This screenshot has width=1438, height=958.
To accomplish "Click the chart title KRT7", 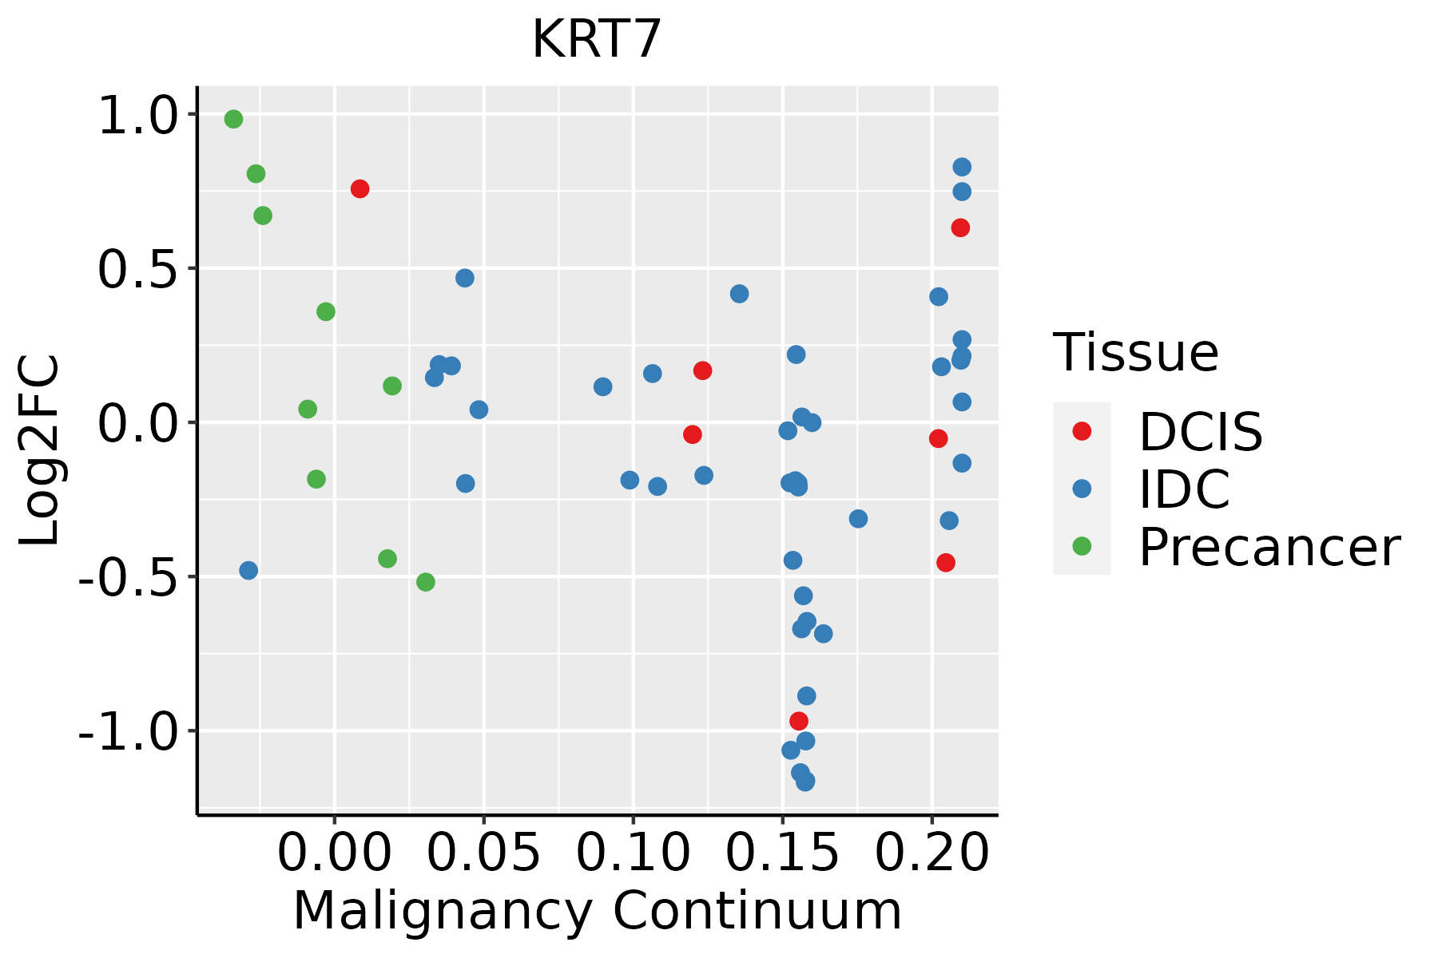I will [597, 39].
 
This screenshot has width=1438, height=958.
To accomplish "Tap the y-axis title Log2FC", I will [40, 450].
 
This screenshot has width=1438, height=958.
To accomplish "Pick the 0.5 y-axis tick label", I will [137, 270].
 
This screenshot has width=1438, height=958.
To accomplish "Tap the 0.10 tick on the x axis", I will [633, 853].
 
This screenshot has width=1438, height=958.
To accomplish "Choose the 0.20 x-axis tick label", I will [932, 853].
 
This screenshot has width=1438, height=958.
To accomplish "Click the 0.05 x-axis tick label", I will [483, 853].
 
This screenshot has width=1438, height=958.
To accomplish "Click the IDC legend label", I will [1184, 489].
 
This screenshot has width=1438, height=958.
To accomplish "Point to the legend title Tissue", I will [1136, 352].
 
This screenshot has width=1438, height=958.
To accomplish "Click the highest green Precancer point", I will [233, 120].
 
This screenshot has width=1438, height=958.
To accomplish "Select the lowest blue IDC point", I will [805, 781].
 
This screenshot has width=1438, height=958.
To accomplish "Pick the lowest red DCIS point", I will [799, 721].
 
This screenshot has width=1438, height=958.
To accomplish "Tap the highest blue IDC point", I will [962, 167].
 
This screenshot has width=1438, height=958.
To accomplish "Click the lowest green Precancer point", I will [426, 582].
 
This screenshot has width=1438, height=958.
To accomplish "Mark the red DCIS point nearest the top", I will [359, 189].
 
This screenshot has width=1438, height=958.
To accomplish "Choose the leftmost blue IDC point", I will [248, 570].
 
